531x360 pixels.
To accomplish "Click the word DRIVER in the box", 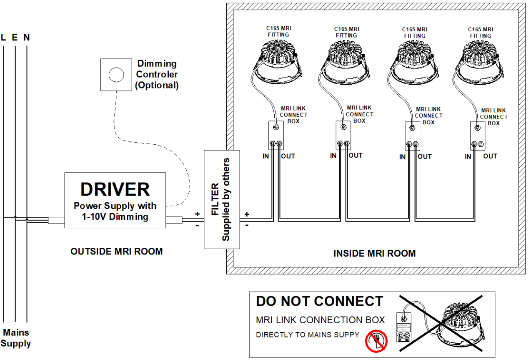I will (x=115, y=189).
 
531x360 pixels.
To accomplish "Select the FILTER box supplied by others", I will (x=222, y=199).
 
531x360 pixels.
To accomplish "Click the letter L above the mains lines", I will (x=4, y=38).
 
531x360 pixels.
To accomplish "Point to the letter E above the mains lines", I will (x=15, y=38).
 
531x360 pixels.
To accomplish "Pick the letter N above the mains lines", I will (x=27, y=38).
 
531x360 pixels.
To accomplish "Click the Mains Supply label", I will (x=16, y=338).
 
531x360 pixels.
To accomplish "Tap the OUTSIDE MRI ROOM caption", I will (x=116, y=252).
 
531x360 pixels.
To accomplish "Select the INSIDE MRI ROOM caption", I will (x=374, y=253).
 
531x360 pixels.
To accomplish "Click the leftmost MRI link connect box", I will (x=276, y=135).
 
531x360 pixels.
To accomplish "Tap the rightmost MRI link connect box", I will (x=478, y=136).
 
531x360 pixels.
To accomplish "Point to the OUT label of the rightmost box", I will (x=490, y=156).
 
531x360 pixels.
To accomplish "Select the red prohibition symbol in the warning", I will (x=376, y=341).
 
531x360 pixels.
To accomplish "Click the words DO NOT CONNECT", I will (x=319, y=301).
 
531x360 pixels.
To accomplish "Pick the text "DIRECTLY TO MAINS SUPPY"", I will (x=307, y=335).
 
